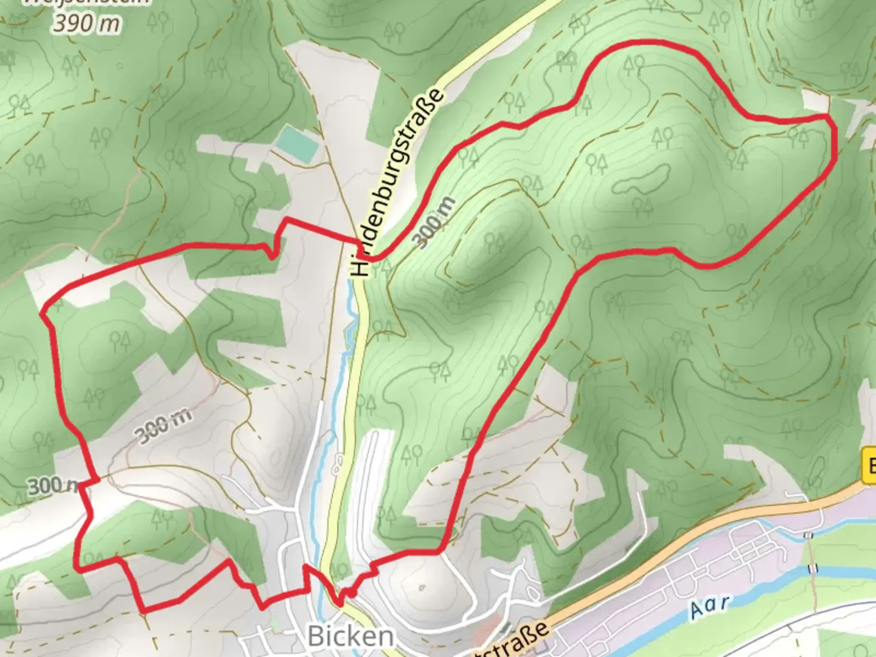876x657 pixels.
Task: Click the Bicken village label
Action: click(350, 636)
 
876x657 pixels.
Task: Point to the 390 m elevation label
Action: click(86, 24)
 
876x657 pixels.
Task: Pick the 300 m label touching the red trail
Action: click(54, 485)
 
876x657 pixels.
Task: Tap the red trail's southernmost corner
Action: click(144, 610)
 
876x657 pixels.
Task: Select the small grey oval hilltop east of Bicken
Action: click(423, 588)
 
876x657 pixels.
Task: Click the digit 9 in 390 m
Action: click(75, 24)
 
